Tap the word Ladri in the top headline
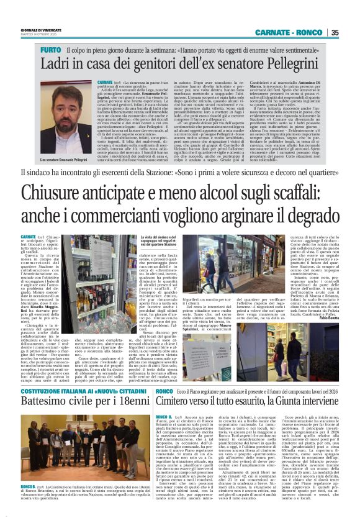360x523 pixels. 56,63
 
